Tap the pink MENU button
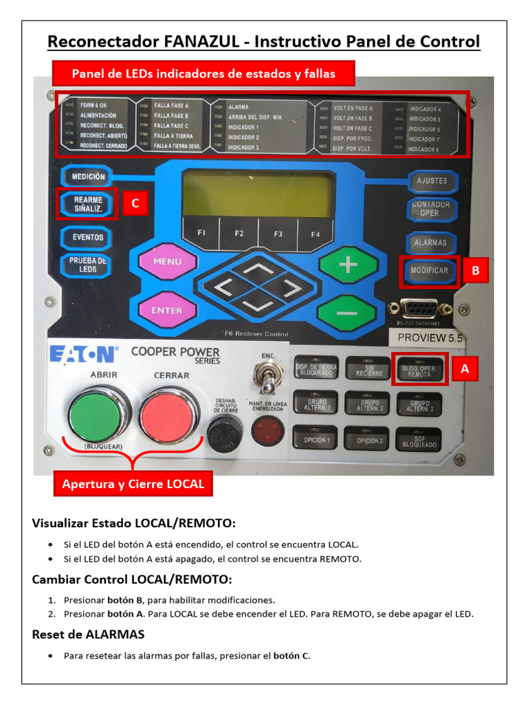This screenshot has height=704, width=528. pos(167,262)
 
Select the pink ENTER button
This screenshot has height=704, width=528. pos(167,311)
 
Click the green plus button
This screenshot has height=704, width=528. pos(349,264)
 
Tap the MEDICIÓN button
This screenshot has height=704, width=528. pos(88,177)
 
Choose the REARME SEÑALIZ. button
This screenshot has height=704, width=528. pos(88,203)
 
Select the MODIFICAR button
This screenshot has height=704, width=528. pos(429,270)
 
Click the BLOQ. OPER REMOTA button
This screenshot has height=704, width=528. pos(419,371)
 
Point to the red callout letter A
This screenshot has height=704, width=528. pos(465,369)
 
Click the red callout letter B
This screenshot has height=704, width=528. pos(475,271)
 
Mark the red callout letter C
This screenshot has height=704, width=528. pos(135,203)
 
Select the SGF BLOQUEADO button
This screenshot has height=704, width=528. pos(419,441)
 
